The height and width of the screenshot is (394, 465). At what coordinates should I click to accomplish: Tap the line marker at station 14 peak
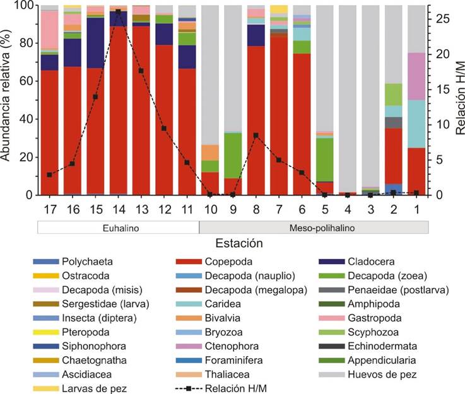(x=118, y=12)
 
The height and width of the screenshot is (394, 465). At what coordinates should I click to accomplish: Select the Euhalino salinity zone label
(x=117, y=227)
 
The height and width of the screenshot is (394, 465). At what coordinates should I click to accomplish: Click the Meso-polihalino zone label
(x=314, y=227)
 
